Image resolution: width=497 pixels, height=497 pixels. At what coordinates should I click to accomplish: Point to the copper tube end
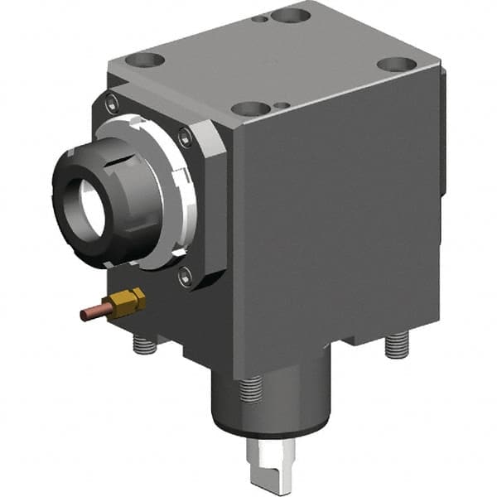coord(85,315)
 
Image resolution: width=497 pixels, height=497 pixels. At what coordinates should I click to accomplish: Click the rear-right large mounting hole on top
coord(291,14)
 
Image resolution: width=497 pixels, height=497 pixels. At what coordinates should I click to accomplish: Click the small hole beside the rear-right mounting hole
coord(263,18)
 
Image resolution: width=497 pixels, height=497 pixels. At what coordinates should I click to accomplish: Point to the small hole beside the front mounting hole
coord(282,105)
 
